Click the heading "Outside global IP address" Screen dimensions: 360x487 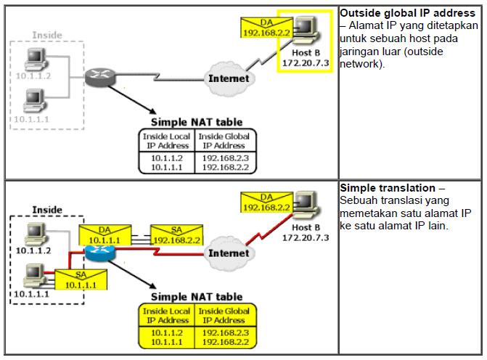tap(407, 14)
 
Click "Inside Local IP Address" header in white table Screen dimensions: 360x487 tap(168, 140)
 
